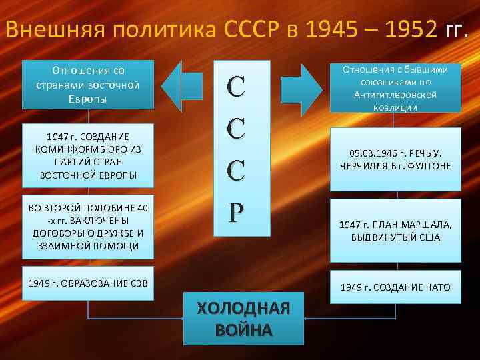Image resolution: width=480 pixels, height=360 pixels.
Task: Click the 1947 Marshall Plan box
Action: click(x=395, y=231)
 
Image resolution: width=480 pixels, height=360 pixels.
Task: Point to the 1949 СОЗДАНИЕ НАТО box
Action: click(x=395, y=287)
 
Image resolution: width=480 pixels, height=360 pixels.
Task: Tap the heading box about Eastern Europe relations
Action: click(x=88, y=85)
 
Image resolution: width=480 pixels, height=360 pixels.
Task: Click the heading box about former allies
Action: click(x=395, y=87)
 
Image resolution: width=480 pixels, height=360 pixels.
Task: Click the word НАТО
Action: click(x=437, y=287)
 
